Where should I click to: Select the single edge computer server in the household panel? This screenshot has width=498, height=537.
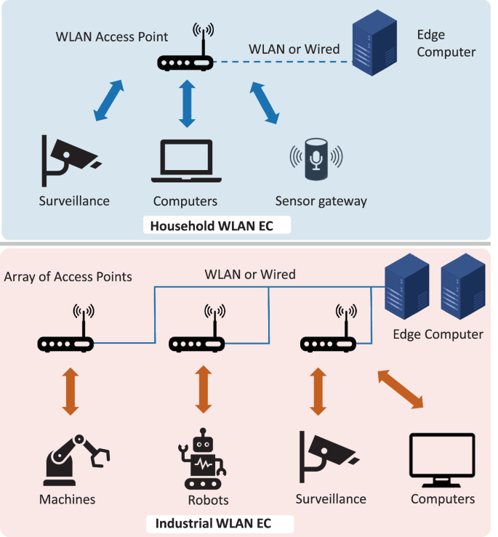click(374, 46)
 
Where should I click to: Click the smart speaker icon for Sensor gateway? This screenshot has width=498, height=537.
click(316, 157)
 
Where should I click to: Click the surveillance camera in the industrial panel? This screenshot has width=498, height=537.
click(325, 457)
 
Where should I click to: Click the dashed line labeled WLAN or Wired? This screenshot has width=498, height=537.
click(283, 63)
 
